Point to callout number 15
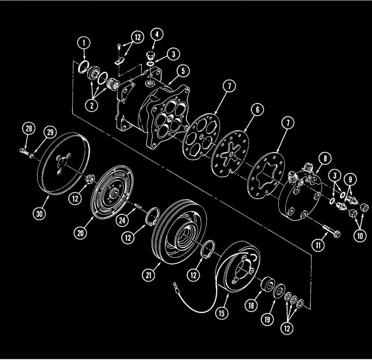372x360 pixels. coord(222,314)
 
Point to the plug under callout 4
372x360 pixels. coord(151,56)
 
